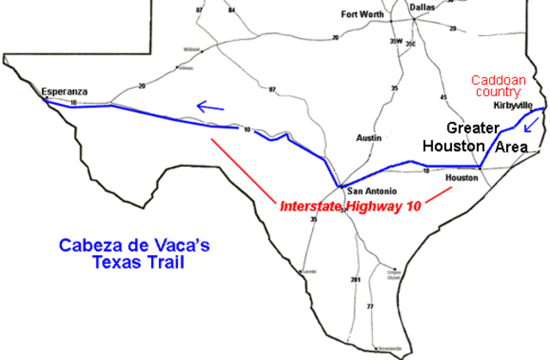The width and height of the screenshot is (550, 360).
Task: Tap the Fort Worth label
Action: tap(361, 14)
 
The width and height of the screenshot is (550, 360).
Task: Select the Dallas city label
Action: tap(422, 8)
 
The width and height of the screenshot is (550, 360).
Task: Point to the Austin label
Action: tap(368, 137)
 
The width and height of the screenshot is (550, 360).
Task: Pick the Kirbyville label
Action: tap(513, 106)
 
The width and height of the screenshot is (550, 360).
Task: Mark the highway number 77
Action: tap(370, 307)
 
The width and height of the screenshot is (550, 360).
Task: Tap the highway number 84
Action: tap(232, 9)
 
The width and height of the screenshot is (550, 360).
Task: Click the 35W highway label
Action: tap(395, 41)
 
